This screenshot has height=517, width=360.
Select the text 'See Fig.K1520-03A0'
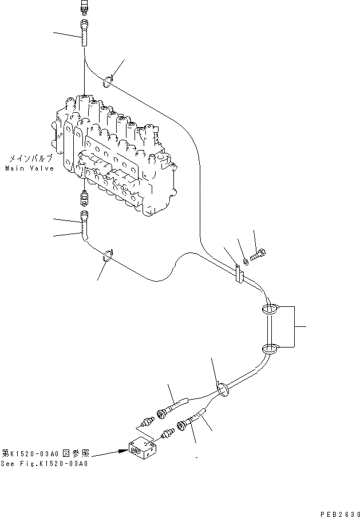(x=44, y=464)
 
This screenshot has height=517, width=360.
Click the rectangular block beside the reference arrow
(x=143, y=448)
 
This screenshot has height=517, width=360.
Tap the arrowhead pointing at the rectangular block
(x=121, y=451)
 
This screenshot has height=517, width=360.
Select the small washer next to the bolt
(x=245, y=261)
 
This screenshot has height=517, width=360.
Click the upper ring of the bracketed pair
(x=270, y=310)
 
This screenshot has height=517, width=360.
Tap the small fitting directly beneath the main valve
(x=85, y=198)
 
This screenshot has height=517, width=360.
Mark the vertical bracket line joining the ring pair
(x=294, y=327)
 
